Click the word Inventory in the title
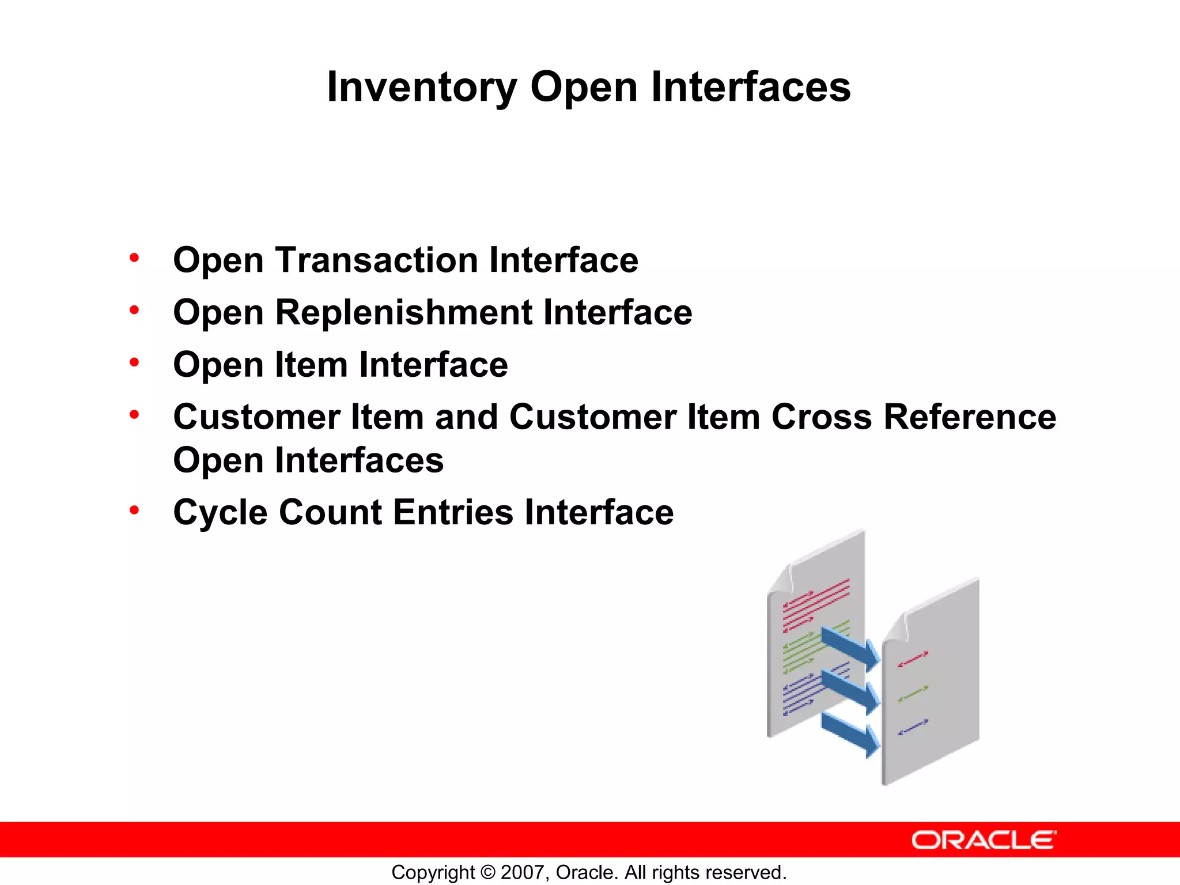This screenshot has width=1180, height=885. [x=422, y=88]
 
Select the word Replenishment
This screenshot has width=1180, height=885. [x=404, y=312]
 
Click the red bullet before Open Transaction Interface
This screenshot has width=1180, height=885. [x=134, y=258]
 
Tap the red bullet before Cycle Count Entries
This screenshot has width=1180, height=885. [x=134, y=510]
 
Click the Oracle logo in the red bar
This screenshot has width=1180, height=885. [x=984, y=840]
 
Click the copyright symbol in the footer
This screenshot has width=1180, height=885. [x=488, y=872]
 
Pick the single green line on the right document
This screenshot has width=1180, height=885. [x=913, y=694]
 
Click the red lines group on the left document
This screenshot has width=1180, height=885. [x=815, y=605]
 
